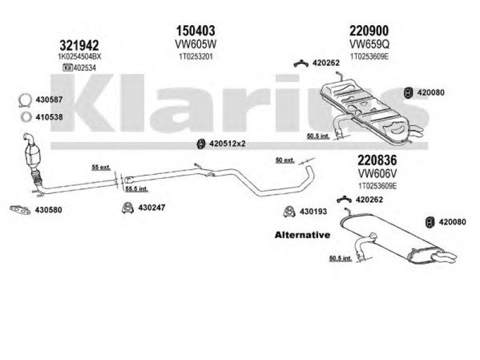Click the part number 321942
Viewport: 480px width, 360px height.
(x=79, y=46)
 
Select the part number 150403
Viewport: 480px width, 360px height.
(x=196, y=31)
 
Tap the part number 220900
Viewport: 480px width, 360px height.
(x=369, y=31)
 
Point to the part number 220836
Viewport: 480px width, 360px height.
(x=377, y=160)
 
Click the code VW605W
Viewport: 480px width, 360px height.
(x=196, y=44)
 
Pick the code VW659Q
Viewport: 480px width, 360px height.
(x=370, y=44)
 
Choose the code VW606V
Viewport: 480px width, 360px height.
(x=377, y=173)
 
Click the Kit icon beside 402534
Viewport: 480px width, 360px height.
(x=67, y=68)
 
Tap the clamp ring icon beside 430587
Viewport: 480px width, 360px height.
(x=25, y=100)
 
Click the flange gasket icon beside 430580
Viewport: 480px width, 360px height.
(x=20, y=209)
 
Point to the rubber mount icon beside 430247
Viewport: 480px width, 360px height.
(x=127, y=208)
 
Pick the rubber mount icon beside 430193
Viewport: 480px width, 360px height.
(x=289, y=212)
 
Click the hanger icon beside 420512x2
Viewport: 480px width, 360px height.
(x=201, y=143)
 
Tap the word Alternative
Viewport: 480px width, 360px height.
(x=302, y=235)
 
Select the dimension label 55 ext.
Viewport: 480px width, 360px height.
(x=101, y=167)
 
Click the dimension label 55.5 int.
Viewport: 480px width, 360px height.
(x=137, y=189)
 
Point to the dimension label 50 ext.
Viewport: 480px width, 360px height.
(x=285, y=160)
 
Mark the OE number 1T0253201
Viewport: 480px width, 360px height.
(x=196, y=56)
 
